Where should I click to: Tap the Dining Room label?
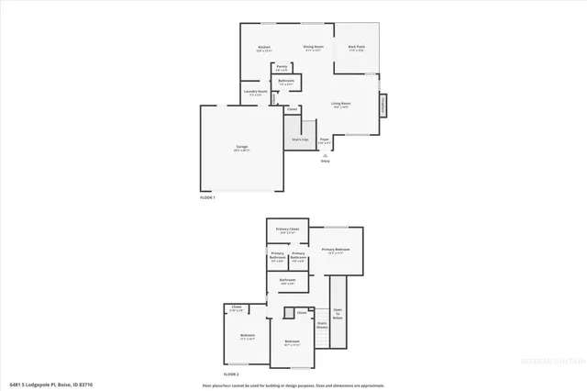tap(315, 47)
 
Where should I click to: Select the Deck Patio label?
tap(357, 47)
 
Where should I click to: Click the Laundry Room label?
tap(255, 92)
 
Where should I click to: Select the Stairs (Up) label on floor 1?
tap(300, 140)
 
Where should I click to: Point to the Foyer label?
tap(324, 141)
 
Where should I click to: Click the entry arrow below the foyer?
tap(324, 156)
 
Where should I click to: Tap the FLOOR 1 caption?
tap(207, 197)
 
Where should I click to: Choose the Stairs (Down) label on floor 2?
tap(322, 324)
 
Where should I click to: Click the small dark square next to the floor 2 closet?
tap(288, 314)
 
